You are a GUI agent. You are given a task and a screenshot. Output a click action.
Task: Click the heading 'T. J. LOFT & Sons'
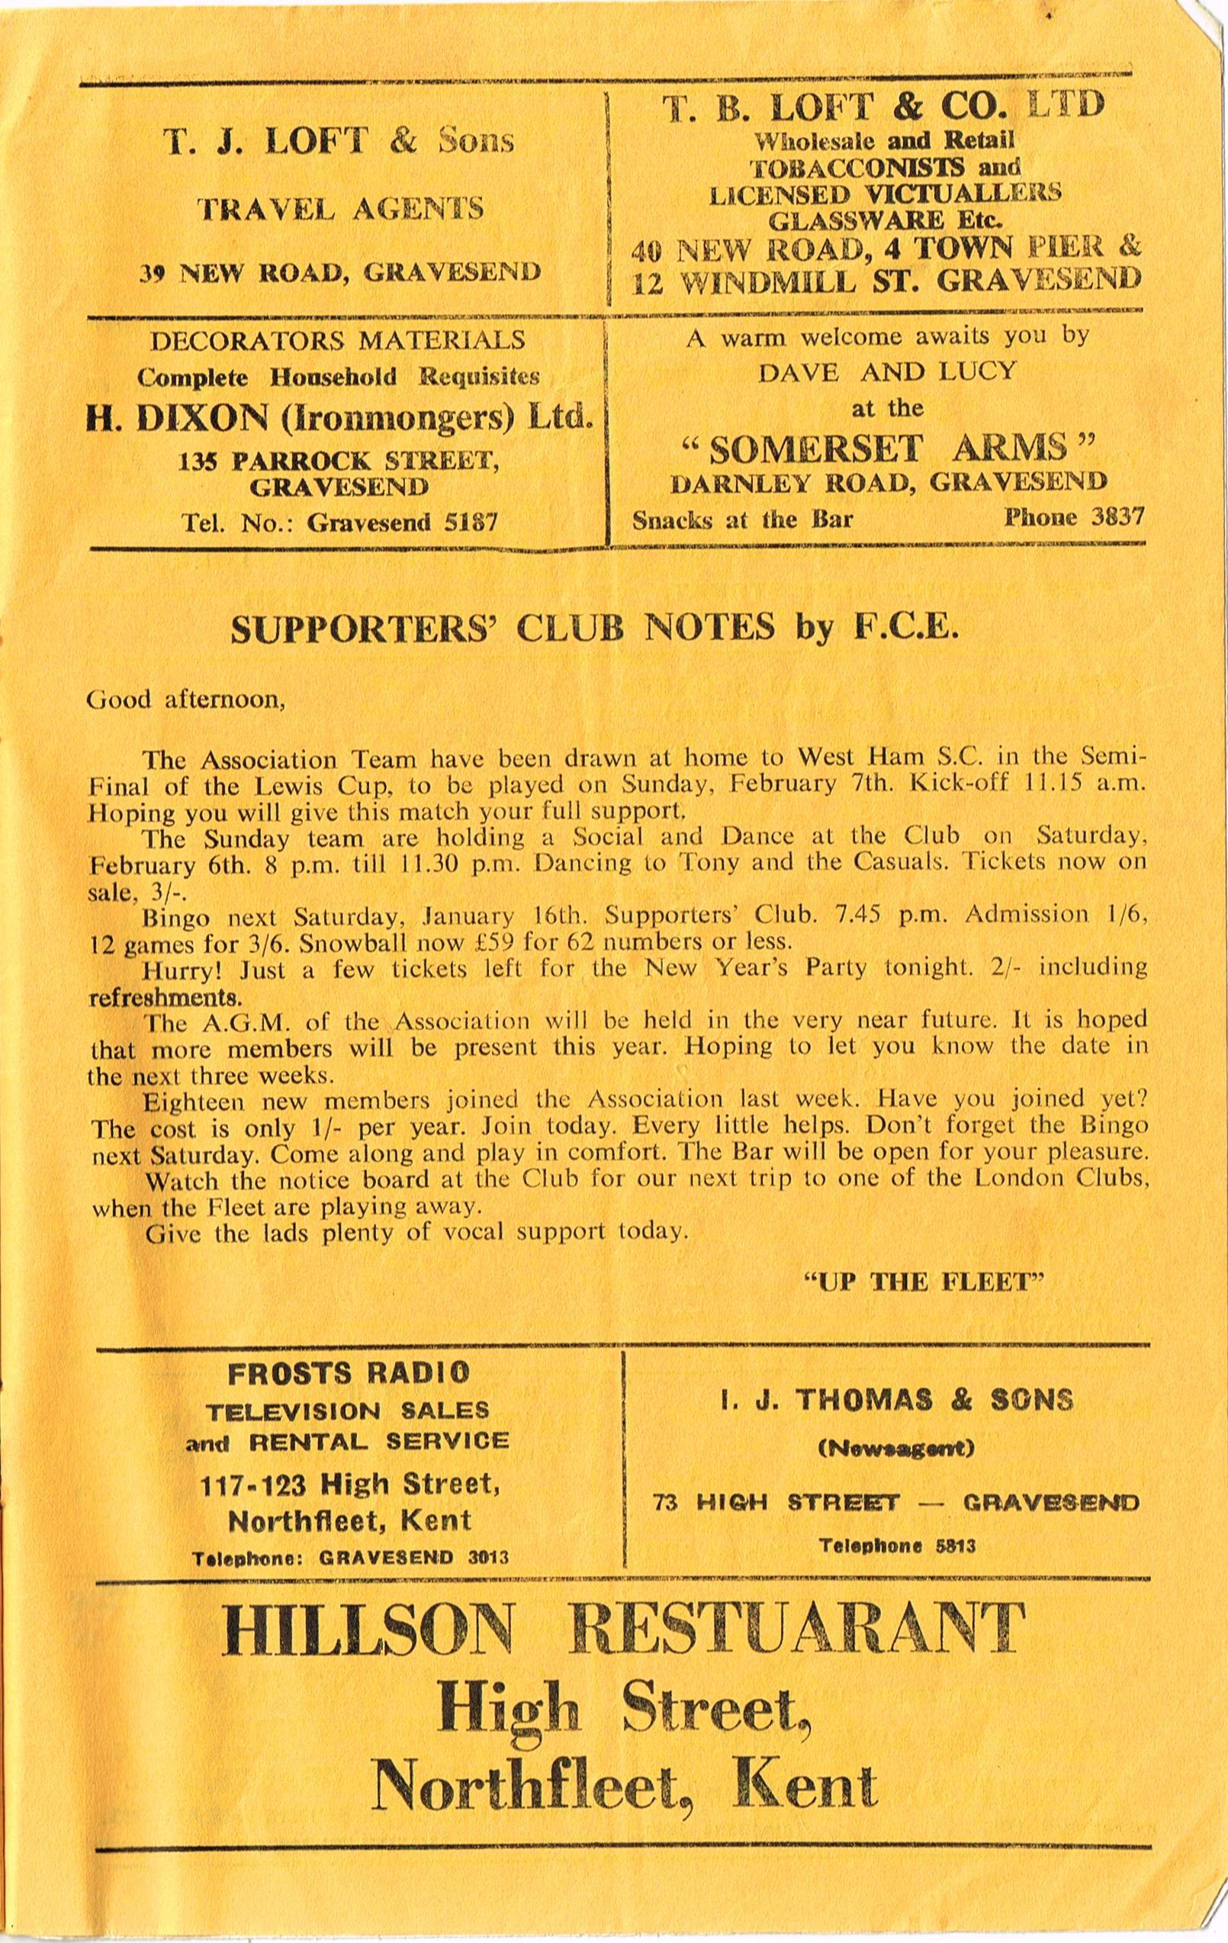click(x=339, y=142)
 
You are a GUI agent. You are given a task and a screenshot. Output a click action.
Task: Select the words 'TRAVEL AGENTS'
click(x=341, y=209)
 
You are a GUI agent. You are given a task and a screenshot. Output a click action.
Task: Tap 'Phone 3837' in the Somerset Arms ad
click(x=1073, y=517)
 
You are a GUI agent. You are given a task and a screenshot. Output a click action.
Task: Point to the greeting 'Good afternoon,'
click(x=185, y=699)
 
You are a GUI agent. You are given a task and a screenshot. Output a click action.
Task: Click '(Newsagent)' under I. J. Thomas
click(x=896, y=1449)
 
